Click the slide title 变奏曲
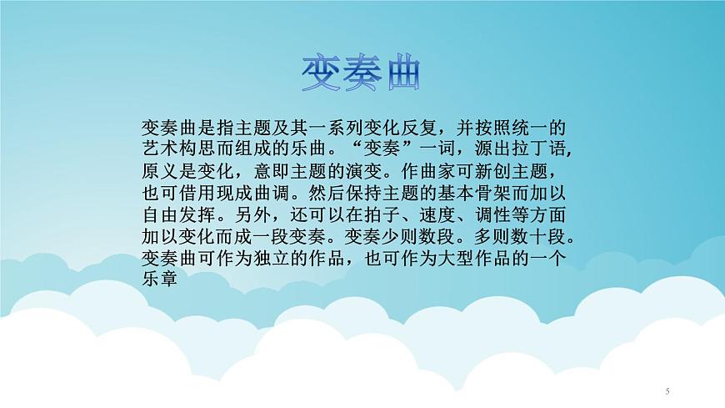362,76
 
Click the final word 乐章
161,281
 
